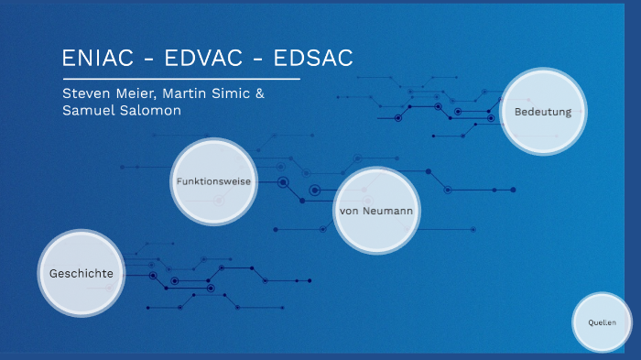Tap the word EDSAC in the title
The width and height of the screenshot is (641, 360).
311,57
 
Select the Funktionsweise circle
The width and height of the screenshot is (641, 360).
213,181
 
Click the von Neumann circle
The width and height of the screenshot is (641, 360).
376,211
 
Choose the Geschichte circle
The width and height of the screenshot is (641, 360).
81,273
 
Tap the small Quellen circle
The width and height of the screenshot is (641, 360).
602,322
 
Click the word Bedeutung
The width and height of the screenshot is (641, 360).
543,112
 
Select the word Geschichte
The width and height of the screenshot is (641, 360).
81,273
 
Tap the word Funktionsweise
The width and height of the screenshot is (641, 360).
213,181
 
